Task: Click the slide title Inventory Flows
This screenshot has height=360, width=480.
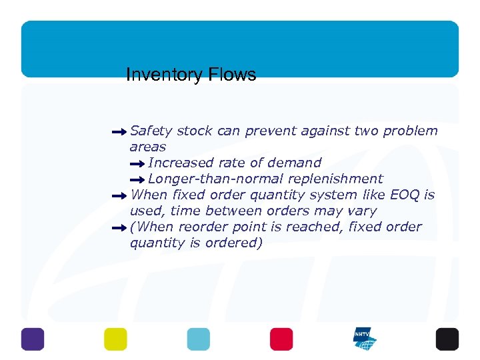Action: point(191,75)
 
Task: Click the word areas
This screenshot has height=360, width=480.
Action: point(147,147)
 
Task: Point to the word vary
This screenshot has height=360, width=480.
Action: point(361,211)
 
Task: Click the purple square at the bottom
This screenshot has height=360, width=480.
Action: point(33,339)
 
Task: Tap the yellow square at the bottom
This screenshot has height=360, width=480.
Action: point(115,339)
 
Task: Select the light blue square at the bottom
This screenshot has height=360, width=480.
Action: point(198,339)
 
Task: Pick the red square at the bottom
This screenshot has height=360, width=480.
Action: point(281,339)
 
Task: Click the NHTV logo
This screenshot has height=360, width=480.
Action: point(365,339)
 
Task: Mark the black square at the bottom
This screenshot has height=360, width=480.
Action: point(447,339)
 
